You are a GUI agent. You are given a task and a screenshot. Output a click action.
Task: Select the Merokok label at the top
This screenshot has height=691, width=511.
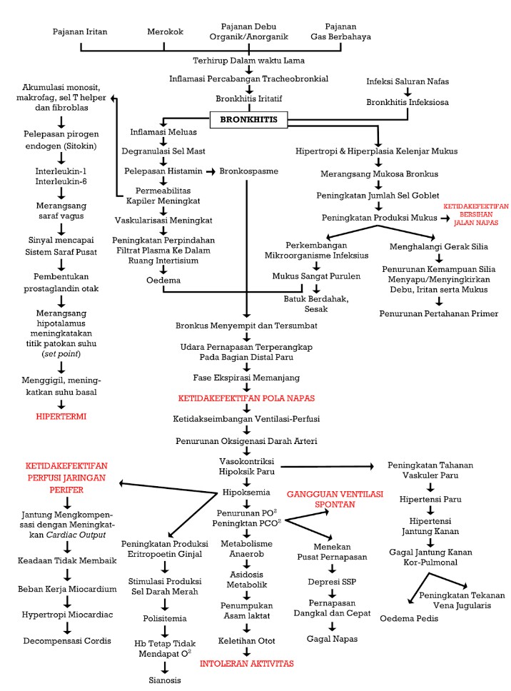click(x=164, y=33)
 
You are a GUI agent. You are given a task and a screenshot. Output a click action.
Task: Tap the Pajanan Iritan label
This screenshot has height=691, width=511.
click(x=80, y=33)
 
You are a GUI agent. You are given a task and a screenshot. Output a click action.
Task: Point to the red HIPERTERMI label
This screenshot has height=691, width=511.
click(x=61, y=416)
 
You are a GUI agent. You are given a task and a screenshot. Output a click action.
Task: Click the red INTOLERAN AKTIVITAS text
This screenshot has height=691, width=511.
click(x=247, y=663)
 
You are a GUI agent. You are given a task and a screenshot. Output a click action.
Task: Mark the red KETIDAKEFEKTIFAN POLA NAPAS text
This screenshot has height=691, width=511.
click(x=246, y=398)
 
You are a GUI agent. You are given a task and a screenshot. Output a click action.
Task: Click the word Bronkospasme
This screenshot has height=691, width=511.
click(x=249, y=171)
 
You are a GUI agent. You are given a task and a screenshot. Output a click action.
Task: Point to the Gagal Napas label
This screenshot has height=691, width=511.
click(x=331, y=637)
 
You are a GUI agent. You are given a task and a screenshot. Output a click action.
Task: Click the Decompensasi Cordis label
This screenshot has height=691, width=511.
click(x=66, y=640)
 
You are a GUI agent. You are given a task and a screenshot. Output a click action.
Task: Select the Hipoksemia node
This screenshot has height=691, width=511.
click(x=246, y=493)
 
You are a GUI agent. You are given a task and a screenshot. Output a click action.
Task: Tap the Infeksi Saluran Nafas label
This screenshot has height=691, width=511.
click(x=408, y=81)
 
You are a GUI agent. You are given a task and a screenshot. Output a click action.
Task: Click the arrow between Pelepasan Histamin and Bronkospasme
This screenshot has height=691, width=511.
click(x=211, y=172)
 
